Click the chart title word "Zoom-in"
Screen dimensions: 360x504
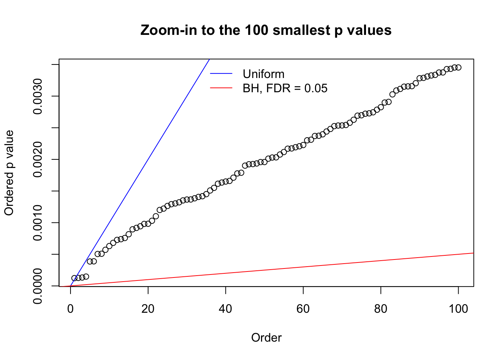pos(162,30)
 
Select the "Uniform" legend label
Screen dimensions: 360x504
pos(263,74)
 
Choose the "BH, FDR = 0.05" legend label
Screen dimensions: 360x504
pos(285,88)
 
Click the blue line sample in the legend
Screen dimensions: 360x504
pos(221,74)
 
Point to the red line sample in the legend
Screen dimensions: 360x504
pos(221,88)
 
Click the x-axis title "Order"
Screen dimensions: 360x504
pos(266,337)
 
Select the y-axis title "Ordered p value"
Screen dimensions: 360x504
pos(9,172)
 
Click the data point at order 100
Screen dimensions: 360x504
pos(458,67)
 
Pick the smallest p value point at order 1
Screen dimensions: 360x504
pos(74,278)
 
